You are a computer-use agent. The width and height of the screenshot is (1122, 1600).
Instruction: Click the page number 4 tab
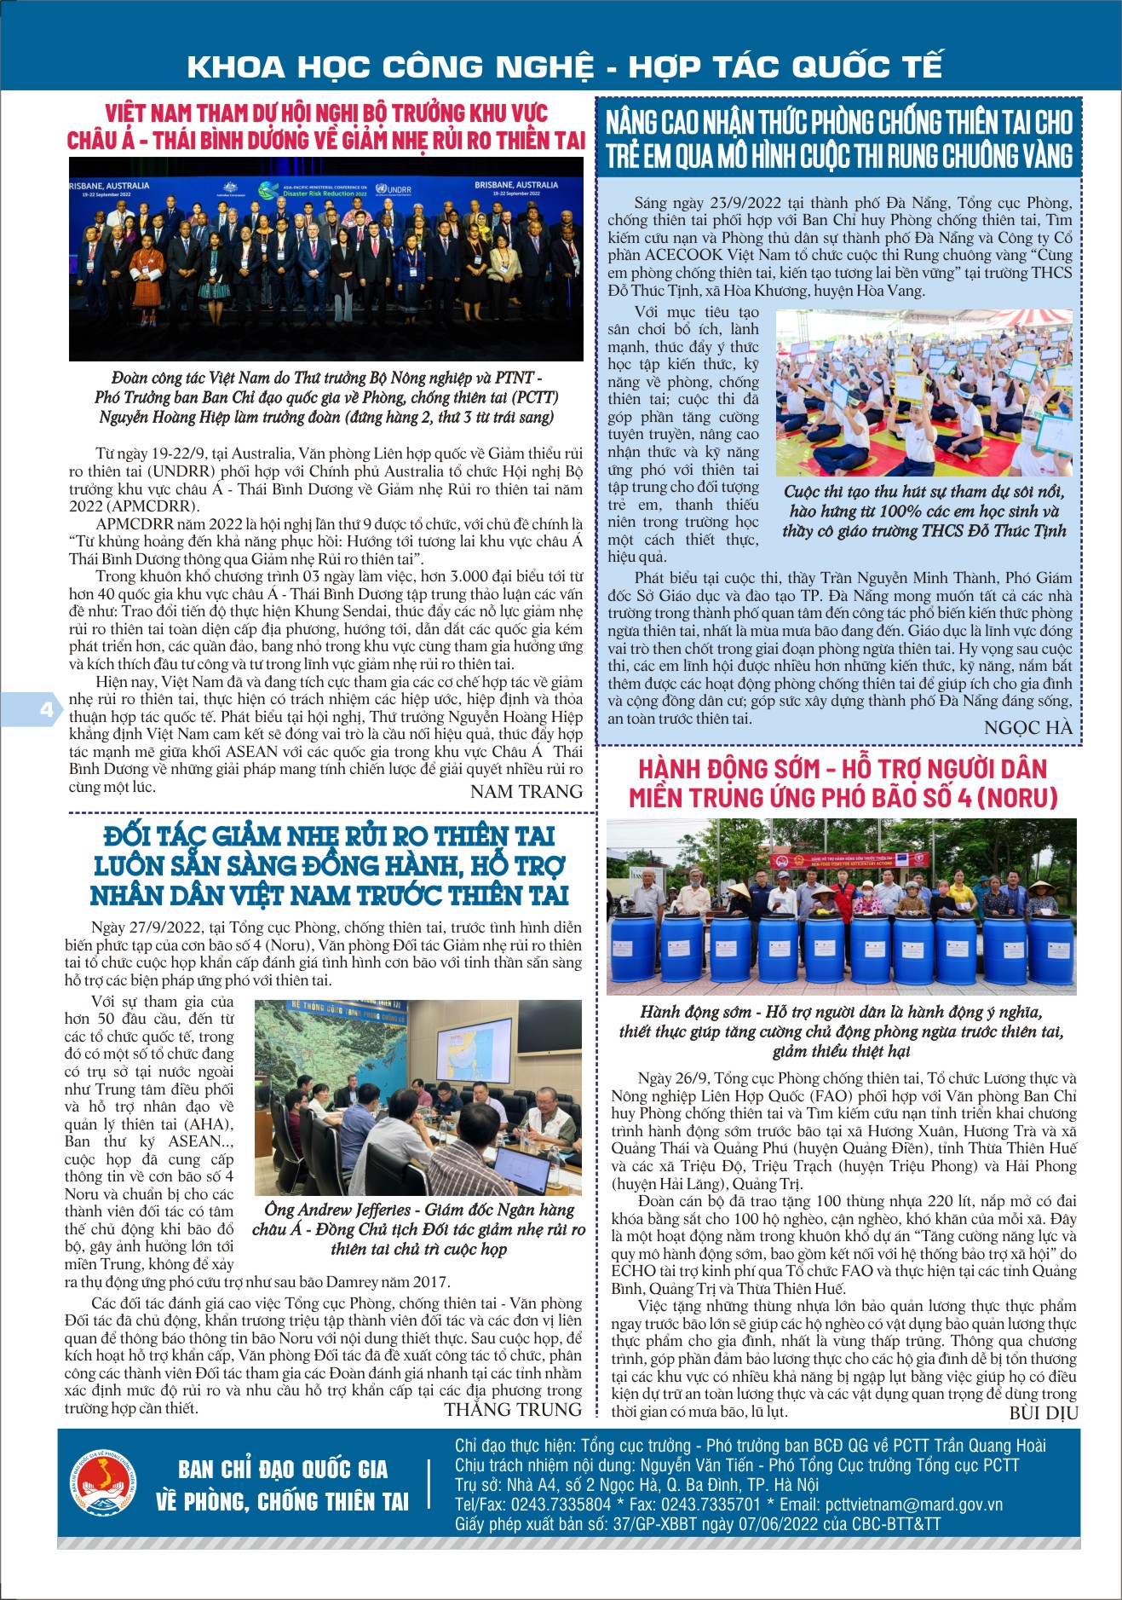click(x=45, y=709)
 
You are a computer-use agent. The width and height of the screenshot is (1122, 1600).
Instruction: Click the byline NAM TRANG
click(x=526, y=792)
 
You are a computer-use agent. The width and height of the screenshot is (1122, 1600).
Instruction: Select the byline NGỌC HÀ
click(x=1027, y=727)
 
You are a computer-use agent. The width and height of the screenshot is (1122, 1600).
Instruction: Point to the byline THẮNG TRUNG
click(x=512, y=1410)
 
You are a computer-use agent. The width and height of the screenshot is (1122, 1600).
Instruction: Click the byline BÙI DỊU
click(x=1043, y=1413)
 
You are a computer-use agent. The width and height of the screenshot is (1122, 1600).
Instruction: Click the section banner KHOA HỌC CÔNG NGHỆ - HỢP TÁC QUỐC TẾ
click(x=564, y=66)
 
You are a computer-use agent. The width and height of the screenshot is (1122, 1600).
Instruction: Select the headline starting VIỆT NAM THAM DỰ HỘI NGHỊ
click(x=326, y=126)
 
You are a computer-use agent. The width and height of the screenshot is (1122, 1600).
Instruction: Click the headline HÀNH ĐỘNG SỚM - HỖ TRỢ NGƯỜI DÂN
click(x=842, y=783)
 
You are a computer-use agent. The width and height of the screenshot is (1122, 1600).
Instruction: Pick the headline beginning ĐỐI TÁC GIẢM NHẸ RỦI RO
click(x=329, y=865)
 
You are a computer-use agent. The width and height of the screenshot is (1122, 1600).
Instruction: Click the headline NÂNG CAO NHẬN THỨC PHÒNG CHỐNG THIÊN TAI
click(x=839, y=139)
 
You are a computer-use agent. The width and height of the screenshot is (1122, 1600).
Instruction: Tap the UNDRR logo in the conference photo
click(x=394, y=188)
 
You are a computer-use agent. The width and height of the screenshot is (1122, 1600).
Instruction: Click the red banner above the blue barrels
click(x=848, y=859)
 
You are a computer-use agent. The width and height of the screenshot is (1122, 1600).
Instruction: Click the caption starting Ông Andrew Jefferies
click(x=418, y=1229)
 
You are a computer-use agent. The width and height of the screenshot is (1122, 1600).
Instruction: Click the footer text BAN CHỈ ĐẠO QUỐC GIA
click(x=283, y=1470)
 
